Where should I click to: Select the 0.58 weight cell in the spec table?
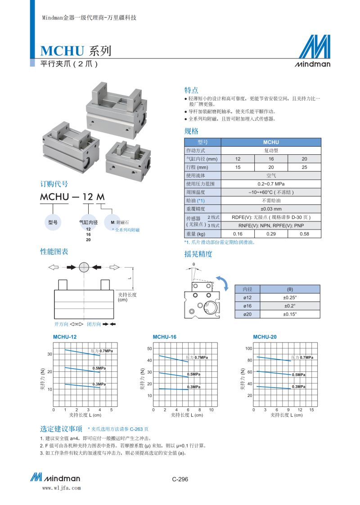pos(304,234)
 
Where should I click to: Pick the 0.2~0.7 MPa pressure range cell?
pos(271,184)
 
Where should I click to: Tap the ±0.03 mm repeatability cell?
pos(271,209)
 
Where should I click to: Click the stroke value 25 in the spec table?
pos(304,167)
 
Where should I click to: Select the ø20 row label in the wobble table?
pos(247,315)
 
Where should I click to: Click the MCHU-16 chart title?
pos(164,337)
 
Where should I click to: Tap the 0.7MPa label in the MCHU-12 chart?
pos(102,351)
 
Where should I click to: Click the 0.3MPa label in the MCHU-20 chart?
pos(298,387)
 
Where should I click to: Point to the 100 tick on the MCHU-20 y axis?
pos(248,349)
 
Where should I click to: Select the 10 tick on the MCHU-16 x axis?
pos(211,410)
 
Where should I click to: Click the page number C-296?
pos(180,479)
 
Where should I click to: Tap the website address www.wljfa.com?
pos(61,487)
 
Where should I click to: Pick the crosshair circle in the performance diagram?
pos(84,267)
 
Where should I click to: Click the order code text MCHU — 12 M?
pos(72,197)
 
